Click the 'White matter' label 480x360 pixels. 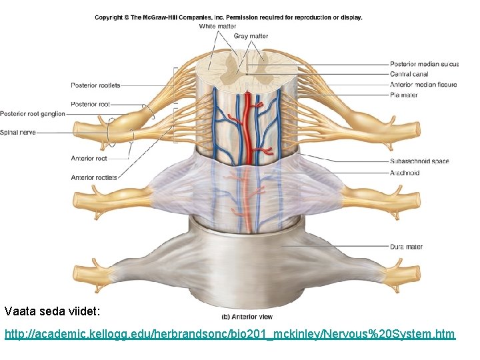217,27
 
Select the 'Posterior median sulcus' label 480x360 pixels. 424,65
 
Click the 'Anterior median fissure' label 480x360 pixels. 423,85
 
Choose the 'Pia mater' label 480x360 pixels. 403,95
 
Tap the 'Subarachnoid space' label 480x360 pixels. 420,161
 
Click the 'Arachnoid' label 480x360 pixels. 405,173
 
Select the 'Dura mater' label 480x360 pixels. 406,247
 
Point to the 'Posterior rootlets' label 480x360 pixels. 95,85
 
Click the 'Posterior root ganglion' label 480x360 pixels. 33,114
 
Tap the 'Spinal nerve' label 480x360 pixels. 18,132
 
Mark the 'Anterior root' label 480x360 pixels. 89,159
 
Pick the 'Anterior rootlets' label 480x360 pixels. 93,177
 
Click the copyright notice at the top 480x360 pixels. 229,17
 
